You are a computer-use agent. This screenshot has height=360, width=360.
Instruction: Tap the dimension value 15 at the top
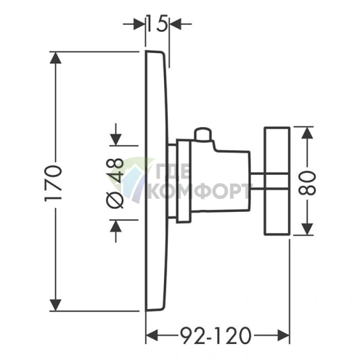(157, 23)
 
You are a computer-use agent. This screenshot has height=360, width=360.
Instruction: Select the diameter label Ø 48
(115, 183)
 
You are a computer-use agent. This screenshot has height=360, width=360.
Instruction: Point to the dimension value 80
(307, 183)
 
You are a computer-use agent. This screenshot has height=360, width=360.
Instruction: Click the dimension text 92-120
(216, 336)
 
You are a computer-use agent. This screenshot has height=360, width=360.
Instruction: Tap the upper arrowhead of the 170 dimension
(55, 57)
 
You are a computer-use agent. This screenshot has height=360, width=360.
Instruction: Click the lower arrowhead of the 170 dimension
(55, 305)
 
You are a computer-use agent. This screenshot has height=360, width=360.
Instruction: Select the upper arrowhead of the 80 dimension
(307, 133)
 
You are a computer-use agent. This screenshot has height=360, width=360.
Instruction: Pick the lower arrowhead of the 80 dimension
(307, 229)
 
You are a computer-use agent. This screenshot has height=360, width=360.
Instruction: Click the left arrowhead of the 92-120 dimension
(152, 335)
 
